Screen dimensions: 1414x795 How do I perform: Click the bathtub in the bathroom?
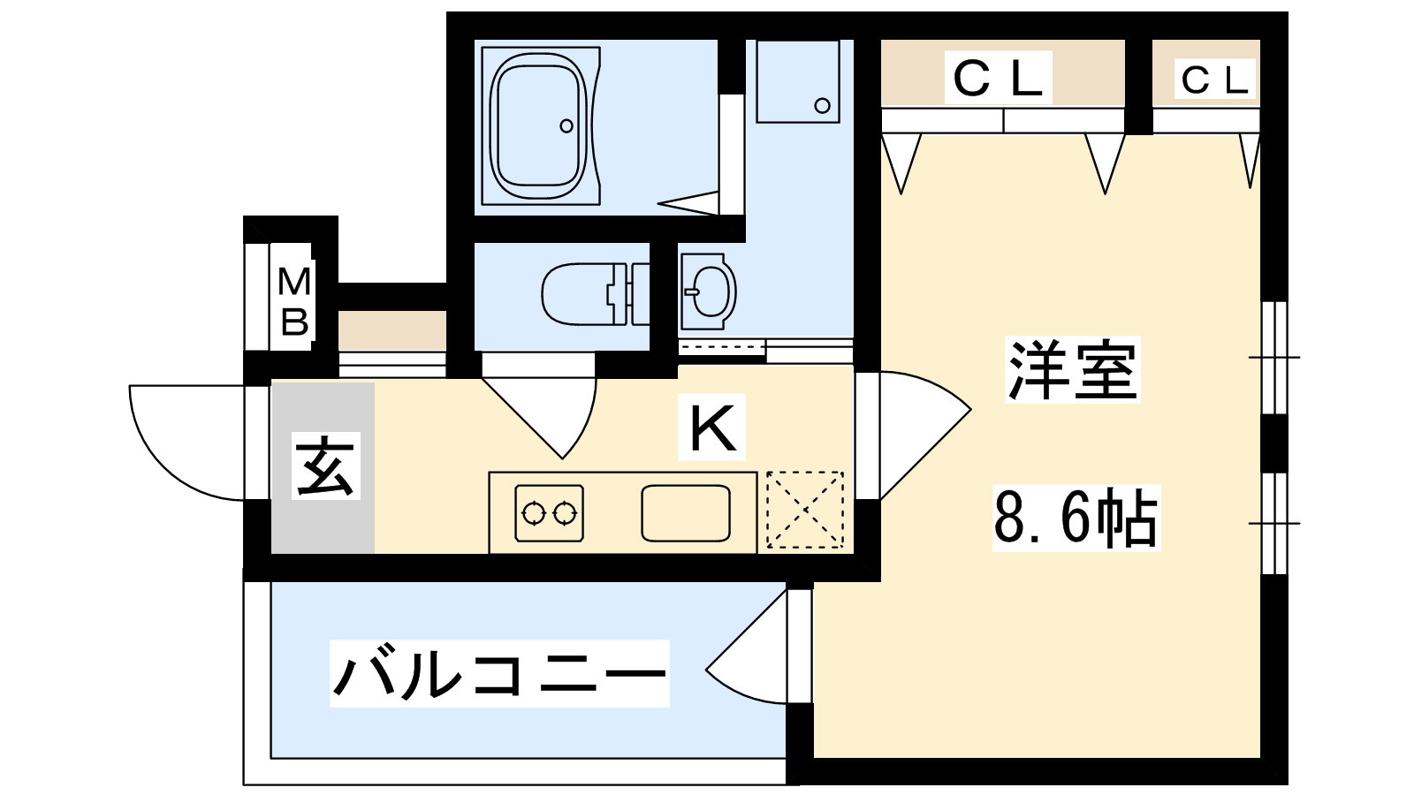pos(540,125)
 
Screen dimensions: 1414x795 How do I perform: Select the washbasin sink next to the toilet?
pos(709,291)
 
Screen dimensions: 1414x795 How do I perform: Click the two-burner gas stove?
pos(549,513)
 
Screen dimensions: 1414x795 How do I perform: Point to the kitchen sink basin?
pos(686,513)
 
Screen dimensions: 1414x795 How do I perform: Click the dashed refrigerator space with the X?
pos(805,509)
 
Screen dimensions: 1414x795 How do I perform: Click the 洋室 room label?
pos(1073,370)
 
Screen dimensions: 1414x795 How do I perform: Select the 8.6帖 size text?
pos(1076,519)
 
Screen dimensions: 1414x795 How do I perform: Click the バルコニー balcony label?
pos(499,673)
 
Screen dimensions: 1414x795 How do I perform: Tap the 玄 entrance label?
pos(326,466)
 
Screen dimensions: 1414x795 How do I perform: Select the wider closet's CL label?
pos(998,79)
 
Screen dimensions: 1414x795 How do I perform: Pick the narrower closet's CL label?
pos(1215,80)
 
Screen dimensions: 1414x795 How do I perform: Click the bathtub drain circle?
pos(566,125)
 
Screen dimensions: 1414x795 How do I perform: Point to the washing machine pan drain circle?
pos(822,105)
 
